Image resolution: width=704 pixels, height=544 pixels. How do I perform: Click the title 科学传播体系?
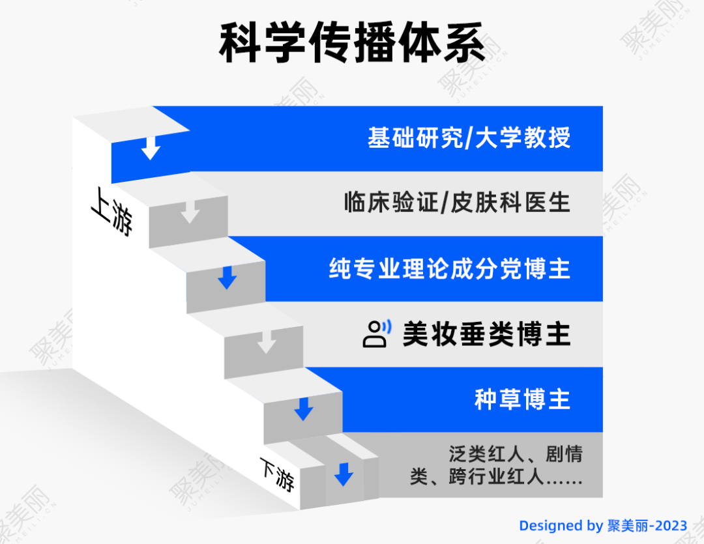352,42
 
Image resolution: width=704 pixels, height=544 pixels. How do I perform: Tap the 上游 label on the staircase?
112,212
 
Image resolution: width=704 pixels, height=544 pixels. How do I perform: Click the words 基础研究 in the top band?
415,137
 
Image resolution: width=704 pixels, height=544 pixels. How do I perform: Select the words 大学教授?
523,137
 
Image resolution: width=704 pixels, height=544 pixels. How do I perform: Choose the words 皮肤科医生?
510,203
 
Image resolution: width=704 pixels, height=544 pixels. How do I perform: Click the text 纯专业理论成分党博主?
450,268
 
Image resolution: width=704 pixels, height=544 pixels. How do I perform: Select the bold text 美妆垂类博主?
487,334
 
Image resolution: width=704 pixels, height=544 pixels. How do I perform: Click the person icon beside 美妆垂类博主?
377,334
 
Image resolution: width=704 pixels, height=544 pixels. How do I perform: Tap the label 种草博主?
523,399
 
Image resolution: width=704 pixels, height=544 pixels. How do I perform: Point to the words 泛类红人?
487,454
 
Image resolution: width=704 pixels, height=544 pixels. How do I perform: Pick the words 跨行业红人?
496,477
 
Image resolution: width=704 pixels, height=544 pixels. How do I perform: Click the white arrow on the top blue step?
151,148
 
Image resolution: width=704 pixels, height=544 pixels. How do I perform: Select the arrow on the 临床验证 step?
190,211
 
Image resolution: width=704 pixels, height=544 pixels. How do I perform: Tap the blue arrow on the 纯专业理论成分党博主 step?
227,278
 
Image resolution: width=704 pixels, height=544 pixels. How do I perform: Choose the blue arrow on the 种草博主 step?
304,409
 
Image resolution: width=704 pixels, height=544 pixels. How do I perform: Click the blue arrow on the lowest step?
344,474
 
